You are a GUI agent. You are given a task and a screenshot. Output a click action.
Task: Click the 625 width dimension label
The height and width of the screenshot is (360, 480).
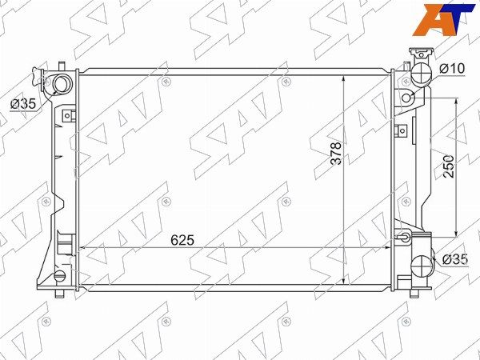click(182, 240)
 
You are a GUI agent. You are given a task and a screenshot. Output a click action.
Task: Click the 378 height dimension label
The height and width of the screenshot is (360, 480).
click(336, 153)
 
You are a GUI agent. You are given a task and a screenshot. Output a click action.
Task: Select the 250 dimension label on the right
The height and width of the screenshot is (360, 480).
click(449, 166)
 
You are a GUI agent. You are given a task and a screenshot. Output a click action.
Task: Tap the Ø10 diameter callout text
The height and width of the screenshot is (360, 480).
click(452, 69)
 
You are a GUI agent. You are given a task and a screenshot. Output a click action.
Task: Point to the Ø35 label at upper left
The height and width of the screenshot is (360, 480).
click(23, 104)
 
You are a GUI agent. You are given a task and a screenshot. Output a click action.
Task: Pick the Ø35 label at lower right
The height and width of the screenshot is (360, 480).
click(455, 259)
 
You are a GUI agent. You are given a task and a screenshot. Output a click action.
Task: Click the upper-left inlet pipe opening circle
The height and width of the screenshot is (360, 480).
click(62, 85)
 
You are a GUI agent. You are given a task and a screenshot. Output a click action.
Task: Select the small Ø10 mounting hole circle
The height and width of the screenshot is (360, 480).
click(406, 98)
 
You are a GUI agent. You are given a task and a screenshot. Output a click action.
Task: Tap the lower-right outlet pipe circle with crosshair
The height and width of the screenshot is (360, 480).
click(422, 266)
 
